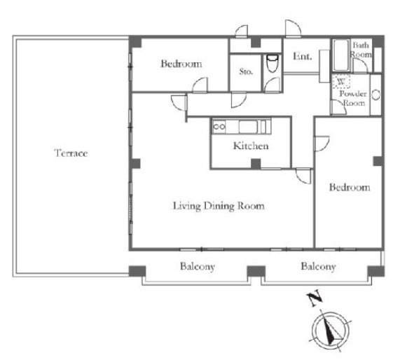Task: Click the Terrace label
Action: pyautogui.click(x=71, y=153)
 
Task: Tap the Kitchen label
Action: pyautogui.click(x=251, y=146)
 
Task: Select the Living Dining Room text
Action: pyautogui.click(x=219, y=206)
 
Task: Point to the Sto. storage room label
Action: pyautogui.click(x=246, y=71)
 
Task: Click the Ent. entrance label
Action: pyautogui.click(x=303, y=56)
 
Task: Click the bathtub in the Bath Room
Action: pyautogui.click(x=341, y=55)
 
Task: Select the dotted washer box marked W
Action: pyautogui.click(x=341, y=82)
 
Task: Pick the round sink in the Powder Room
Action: pyautogui.click(x=375, y=95)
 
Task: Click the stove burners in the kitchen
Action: pyautogui.click(x=219, y=126)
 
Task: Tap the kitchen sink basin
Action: pyautogui.click(x=248, y=127)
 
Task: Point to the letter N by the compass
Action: pyautogui.click(x=315, y=298)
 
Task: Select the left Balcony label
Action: pyautogui.click(x=198, y=267)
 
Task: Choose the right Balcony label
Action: pyautogui.click(x=318, y=267)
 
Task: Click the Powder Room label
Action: pyautogui.click(x=353, y=98)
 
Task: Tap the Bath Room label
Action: pyautogui.click(x=361, y=50)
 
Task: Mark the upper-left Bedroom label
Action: pyautogui.click(x=181, y=64)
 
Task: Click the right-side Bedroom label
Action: pyautogui.click(x=350, y=187)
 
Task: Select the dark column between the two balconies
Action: pyautogui.click(x=256, y=272)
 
